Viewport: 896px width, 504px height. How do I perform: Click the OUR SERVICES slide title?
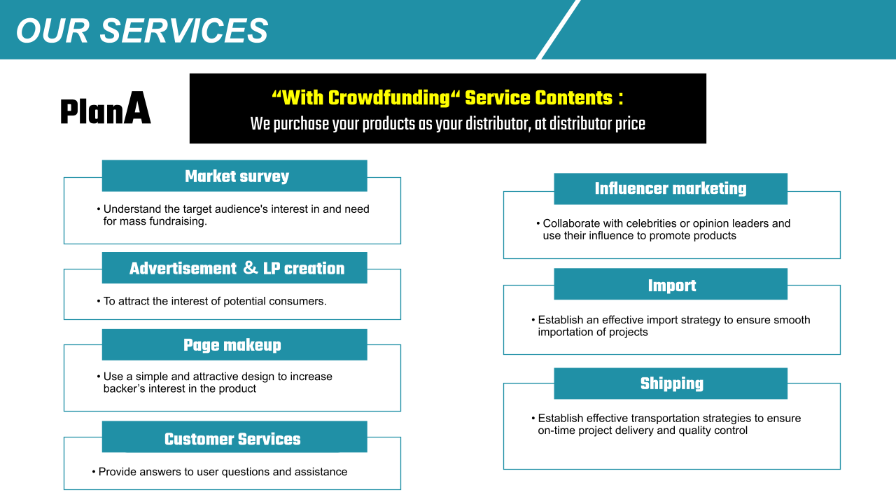(x=142, y=31)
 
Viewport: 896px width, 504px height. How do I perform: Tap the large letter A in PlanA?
(x=137, y=108)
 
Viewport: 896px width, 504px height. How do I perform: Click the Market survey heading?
(x=237, y=176)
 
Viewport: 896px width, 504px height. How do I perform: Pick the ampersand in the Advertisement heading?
(x=251, y=267)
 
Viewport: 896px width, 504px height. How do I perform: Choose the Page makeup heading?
(x=232, y=345)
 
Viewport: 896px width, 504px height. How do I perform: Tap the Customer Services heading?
(x=232, y=439)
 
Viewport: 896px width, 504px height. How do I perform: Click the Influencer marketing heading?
(x=671, y=188)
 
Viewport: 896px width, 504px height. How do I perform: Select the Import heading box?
(x=671, y=284)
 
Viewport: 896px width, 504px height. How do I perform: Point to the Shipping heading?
(x=672, y=383)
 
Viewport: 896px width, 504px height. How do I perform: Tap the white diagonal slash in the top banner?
(x=558, y=29)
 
